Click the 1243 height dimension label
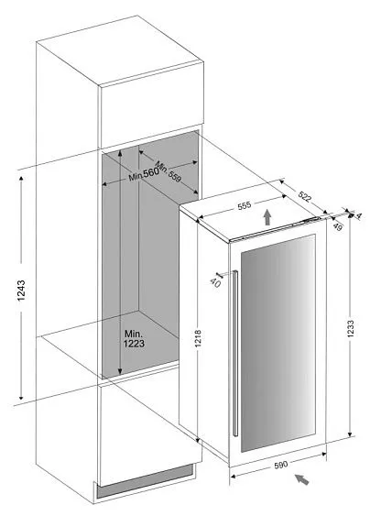tap(21, 291)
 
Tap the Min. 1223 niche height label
tap(134, 338)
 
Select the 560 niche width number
tap(151, 172)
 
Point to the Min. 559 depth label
tap(168, 171)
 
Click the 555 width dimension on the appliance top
tap(245, 205)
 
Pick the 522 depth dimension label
tap(304, 196)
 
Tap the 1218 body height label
tap(198, 338)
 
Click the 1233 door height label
tap(351, 328)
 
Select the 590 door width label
tap(280, 465)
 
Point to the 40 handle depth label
tap(215, 282)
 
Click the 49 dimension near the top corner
tap(338, 226)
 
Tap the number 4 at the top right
tap(359, 216)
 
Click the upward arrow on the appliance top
tap(267, 217)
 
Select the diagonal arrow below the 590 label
tap(301, 479)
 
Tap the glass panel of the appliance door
tap(278, 343)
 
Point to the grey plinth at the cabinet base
tap(145, 481)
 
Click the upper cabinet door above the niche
tap(151, 105)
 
